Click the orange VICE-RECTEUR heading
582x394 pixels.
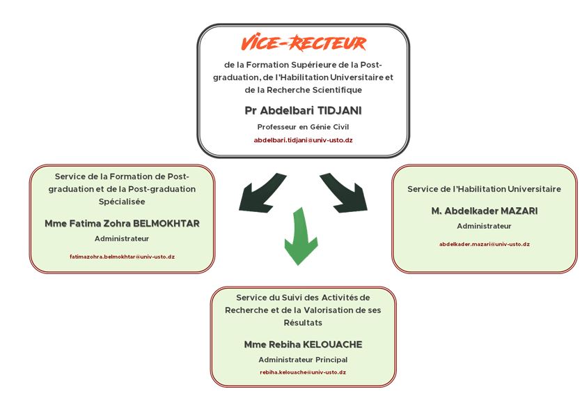(x=304, y=43)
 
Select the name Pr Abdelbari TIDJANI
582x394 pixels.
(x=303, y=110)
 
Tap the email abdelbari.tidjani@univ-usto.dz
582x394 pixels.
(x=303, y=140)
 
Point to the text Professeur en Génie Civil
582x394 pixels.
(x=303, y=127)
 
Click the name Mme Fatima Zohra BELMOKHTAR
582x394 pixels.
(x=122, y=223)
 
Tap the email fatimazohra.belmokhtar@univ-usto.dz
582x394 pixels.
(x=122, y=257)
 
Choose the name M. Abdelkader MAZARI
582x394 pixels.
(x=485, y=211)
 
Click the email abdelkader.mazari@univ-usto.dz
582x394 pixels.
(x=485, y=244)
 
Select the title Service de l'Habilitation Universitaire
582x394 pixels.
(x=484, y=189)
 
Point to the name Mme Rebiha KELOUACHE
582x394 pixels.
(x=303, y=344)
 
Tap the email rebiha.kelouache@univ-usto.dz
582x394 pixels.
(x=303, y=372)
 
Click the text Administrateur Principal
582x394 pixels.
(x=303, y=359)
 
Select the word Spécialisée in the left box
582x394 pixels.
(x=122, y=202)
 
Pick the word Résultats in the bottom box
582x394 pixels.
(x=303, y=323)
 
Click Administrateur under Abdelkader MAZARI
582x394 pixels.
(x=484, y=226)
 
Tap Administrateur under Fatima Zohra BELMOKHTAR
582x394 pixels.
(x=122, y=238)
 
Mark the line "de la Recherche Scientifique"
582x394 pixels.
(x=303, y=90)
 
